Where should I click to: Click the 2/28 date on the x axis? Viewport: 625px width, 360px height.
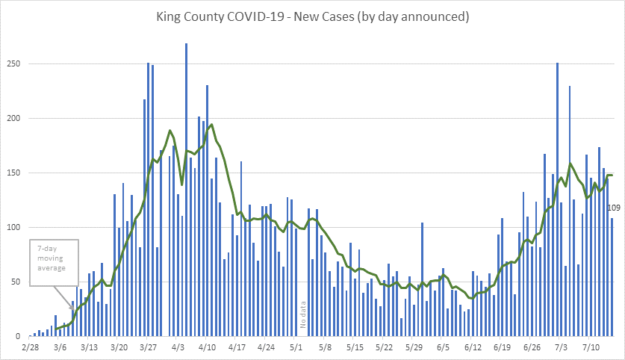[x=30, y=347]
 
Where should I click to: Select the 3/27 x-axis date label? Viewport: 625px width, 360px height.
[x=148, y=347]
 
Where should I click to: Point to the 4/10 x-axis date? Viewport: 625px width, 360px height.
[x=207, y=347]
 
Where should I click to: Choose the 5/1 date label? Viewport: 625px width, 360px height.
[x=296, y=347]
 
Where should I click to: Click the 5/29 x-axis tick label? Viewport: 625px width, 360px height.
[x=414, y=347]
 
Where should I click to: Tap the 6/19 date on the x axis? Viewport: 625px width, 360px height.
[x=502, y=347]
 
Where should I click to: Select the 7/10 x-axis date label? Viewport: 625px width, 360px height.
[x=591, y=347]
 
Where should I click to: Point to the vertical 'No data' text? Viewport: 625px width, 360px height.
[x=303, y=314]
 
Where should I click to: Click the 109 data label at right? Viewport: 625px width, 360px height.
[x=615, y=208]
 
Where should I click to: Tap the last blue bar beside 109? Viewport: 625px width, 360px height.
[x=612, y=276]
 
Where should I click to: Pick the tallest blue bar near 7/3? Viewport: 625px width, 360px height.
[x=557, y=199]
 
